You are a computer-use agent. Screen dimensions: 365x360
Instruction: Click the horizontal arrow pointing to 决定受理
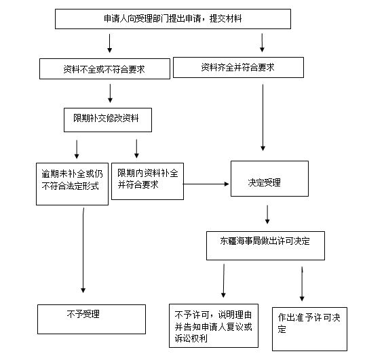point(206,184)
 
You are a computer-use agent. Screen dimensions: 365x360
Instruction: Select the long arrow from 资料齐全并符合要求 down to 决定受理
point(263,117)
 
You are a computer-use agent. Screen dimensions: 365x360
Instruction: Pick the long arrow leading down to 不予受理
point(83,250)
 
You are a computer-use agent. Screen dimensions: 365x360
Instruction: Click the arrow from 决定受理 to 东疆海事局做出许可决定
point(267,214)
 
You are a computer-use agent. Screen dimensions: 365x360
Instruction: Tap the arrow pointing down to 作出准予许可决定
point(302,283)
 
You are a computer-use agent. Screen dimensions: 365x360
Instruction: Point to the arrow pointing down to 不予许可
point(223,281)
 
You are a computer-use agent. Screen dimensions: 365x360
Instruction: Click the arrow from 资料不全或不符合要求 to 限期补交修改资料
point(110,94)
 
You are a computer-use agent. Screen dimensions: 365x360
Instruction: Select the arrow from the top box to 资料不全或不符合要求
point(110,43)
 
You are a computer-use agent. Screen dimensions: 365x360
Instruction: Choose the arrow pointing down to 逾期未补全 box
point(77,149)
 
